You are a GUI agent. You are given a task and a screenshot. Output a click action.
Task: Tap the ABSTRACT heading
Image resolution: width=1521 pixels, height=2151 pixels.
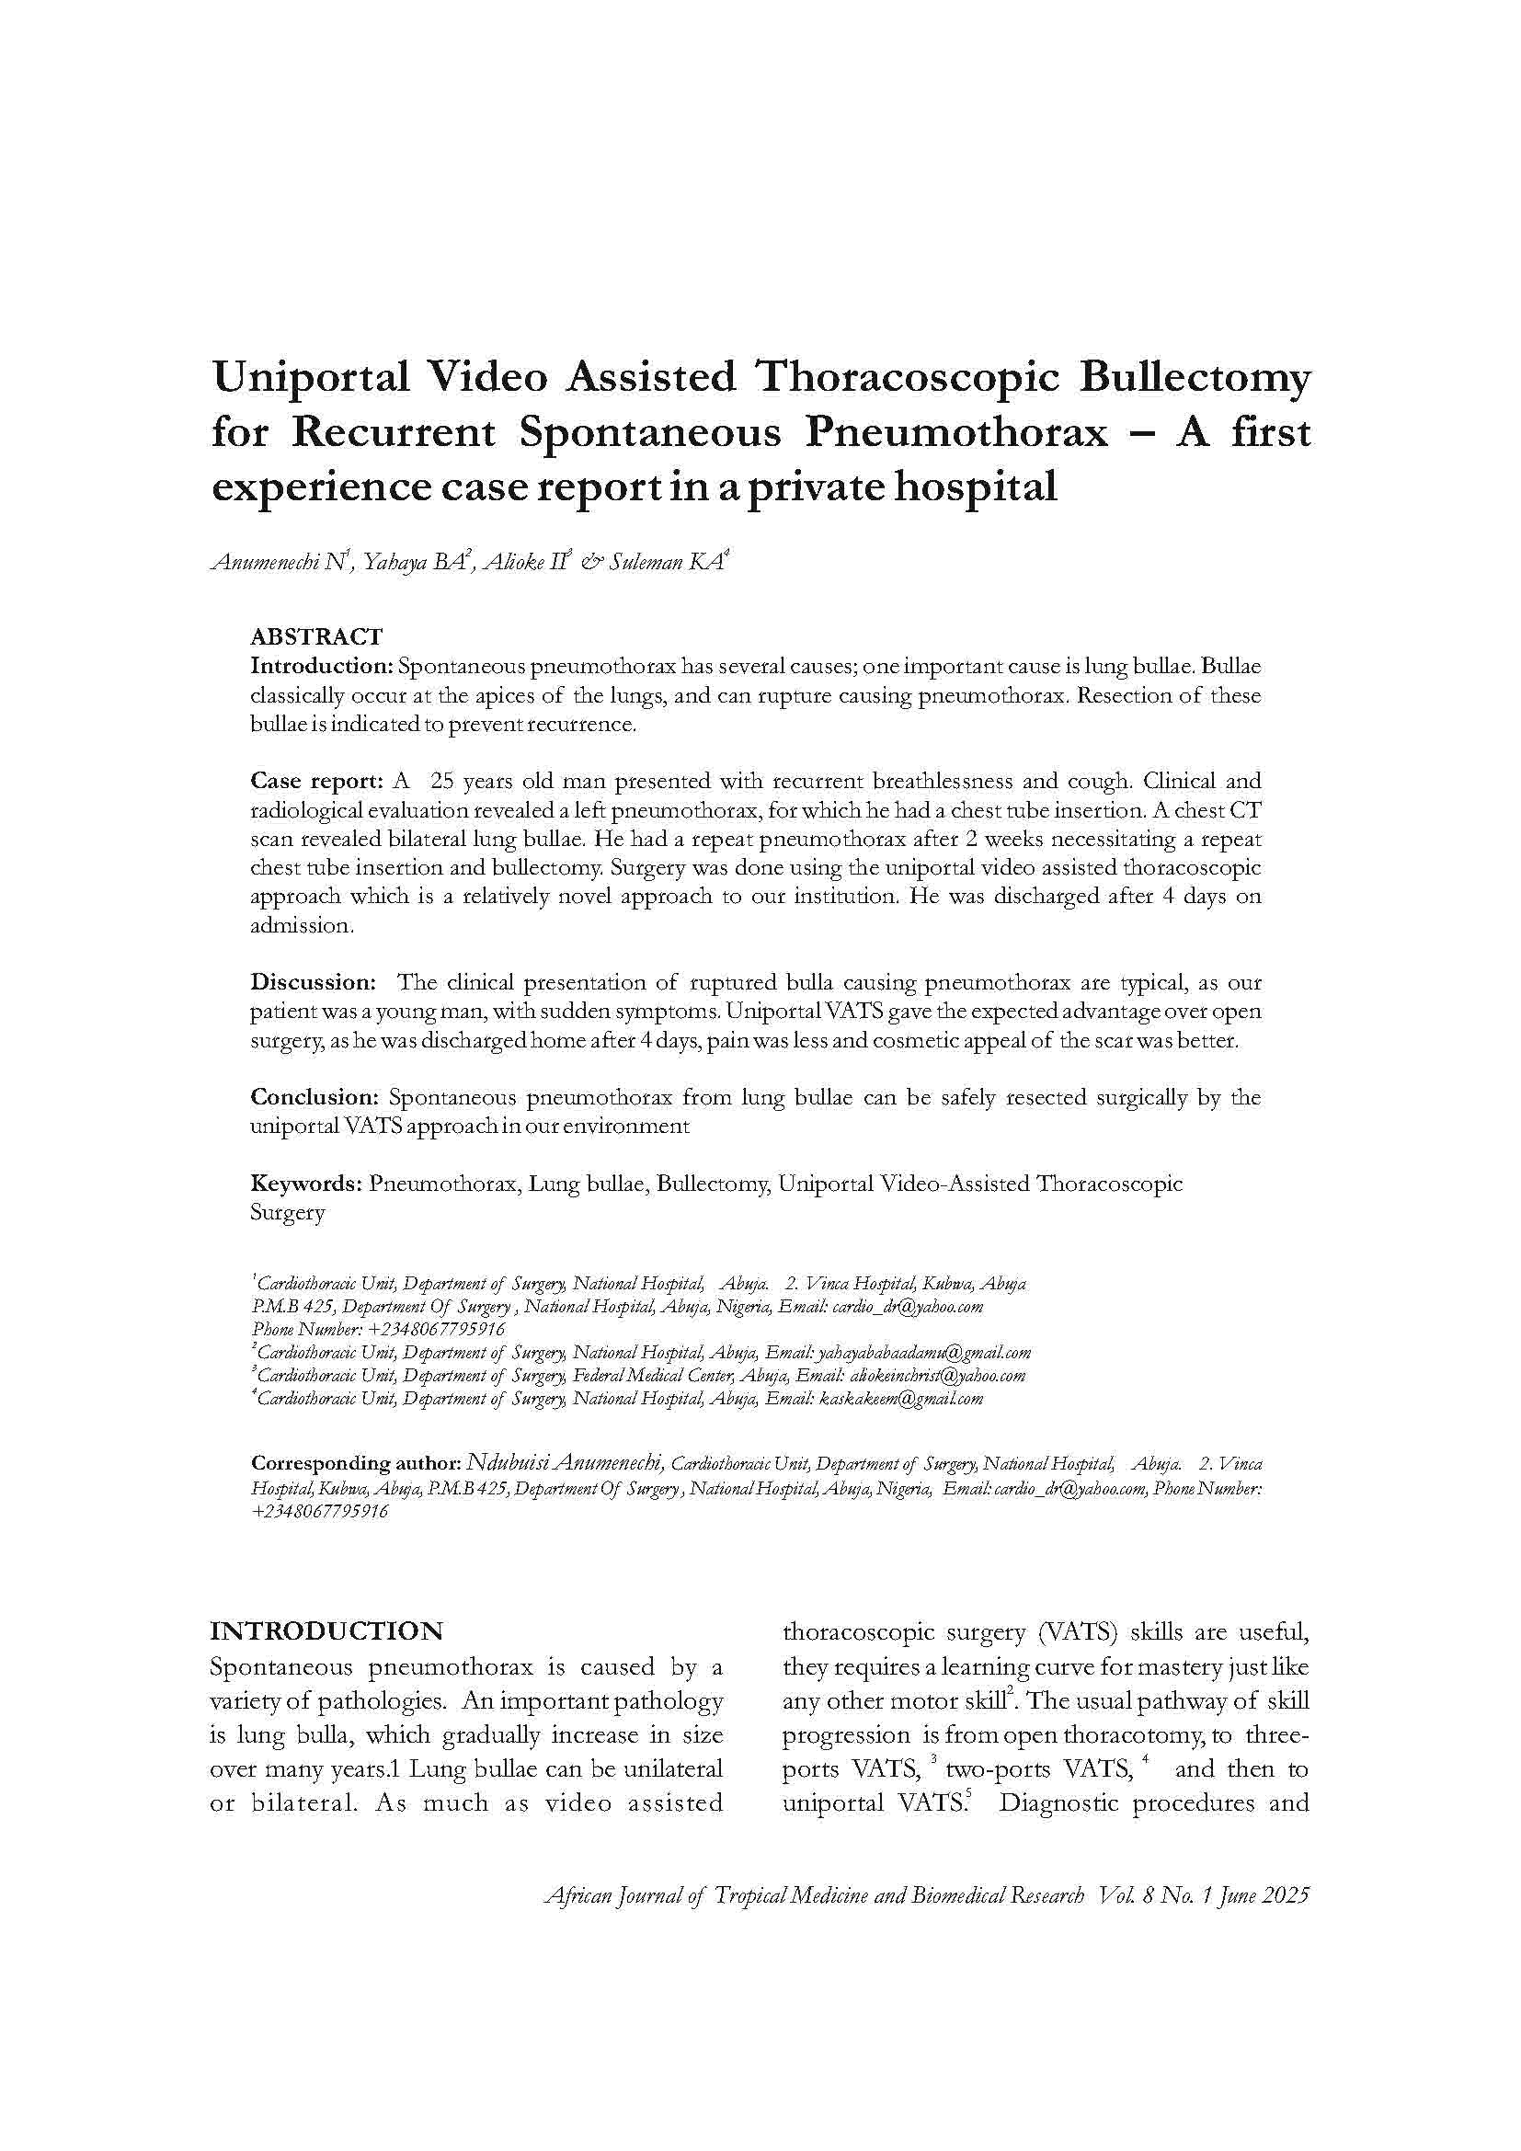(315, 637)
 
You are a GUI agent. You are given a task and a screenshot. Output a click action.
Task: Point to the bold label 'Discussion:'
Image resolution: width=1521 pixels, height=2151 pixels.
(313, 982)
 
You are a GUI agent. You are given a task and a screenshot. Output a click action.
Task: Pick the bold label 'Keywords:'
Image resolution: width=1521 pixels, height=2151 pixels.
(305, 1184)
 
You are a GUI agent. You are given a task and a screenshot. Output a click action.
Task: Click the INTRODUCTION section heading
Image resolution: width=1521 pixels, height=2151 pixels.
(326, 1631)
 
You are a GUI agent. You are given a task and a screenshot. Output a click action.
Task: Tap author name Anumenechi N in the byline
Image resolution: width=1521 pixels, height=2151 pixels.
(280, 563)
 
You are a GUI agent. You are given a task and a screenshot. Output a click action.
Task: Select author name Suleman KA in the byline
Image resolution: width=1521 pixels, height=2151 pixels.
(666, 563)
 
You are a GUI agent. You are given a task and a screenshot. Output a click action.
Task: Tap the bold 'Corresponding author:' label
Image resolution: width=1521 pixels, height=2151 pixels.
(356, 1463)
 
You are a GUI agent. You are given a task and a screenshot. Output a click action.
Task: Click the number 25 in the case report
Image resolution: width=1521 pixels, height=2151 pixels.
(442, 781)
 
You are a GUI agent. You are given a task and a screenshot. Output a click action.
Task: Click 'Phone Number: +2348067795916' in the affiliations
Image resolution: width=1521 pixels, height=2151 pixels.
(378, 1330)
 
